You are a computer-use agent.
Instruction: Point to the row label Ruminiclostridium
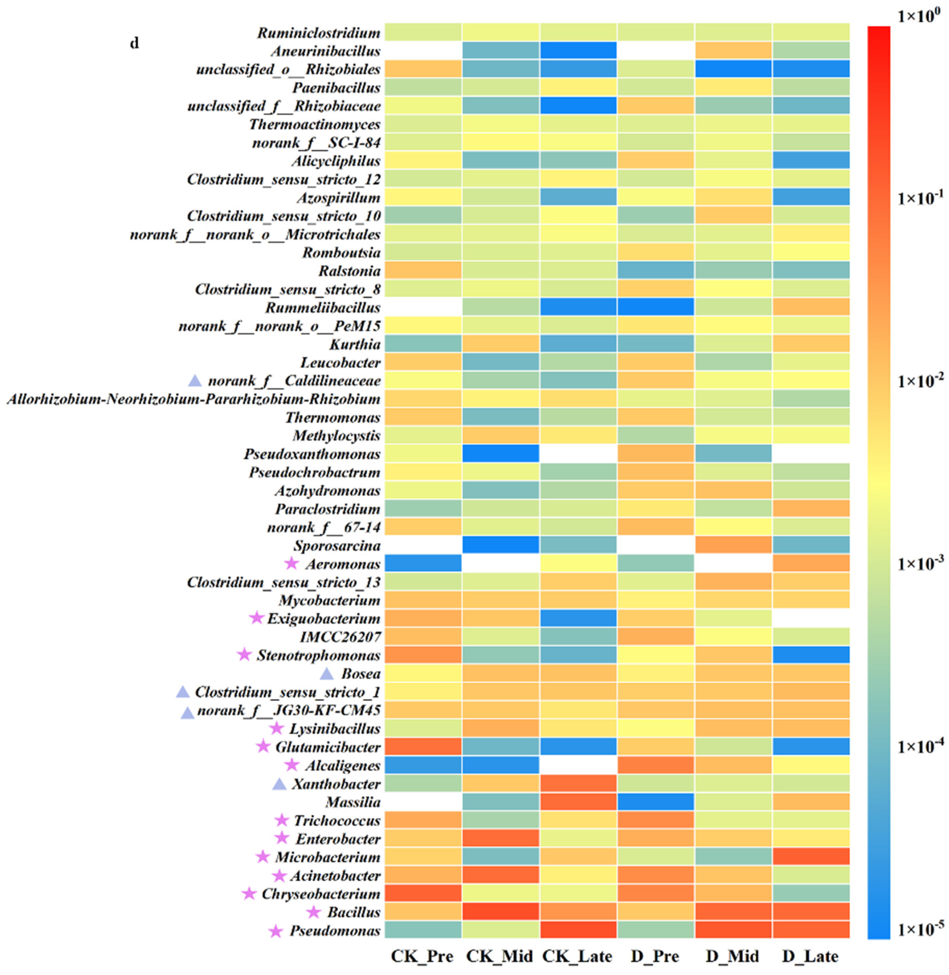[x=319, y=33]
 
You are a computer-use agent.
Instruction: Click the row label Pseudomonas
[x=336, y=931]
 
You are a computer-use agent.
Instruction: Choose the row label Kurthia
[x=355, y=344]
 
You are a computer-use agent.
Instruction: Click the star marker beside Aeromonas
[x=292, y=563]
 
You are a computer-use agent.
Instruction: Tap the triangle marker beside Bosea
[x=327, y=674]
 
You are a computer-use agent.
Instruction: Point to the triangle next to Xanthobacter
[x=280, y=784]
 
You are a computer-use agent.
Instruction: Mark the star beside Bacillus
[x=313, y=912]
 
